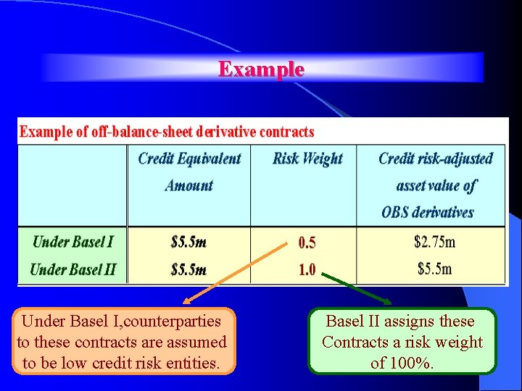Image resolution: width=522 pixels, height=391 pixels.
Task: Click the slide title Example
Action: [261, 69]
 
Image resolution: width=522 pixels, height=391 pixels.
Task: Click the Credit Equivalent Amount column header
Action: [189, 172]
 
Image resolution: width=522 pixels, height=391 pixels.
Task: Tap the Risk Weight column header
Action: [307, 159]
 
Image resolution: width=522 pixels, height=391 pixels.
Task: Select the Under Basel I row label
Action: [72, 242]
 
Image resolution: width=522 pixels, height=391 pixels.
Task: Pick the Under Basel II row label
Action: [72, 269]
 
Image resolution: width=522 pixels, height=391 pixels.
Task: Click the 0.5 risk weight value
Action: [307, 243]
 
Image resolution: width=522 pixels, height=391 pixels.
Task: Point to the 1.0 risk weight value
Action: [307, 269]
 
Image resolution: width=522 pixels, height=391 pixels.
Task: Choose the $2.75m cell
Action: [434, 241]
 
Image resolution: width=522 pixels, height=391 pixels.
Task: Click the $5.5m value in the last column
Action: [434, 269]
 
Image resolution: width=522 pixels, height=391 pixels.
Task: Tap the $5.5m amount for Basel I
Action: [188, 242]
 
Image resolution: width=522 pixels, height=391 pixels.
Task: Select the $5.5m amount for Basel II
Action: [188, 269]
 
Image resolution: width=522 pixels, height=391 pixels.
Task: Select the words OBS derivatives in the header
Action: [427, 212]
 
